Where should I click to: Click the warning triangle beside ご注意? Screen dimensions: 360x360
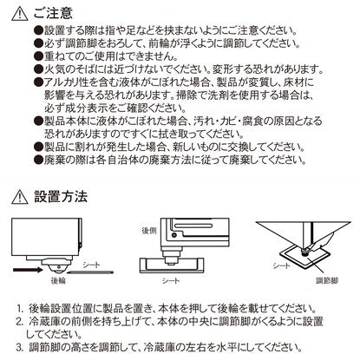tap(20, 14)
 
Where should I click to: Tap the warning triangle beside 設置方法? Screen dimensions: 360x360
tap(20, 197)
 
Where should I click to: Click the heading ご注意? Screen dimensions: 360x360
tap(53, 13)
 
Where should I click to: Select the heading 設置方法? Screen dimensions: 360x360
tap(61, 196)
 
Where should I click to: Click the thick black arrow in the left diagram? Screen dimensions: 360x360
tap(28, 270)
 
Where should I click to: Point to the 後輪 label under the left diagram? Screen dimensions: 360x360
tap(58, 280)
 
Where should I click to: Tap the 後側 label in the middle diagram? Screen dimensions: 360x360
tap(149, 231)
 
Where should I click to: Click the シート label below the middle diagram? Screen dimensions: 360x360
tap(171, 280)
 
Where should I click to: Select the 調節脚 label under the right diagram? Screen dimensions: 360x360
tap(327, 280)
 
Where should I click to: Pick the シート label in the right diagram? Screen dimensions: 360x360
tap(281, 265)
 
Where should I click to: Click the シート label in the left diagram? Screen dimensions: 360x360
tap(91, 265)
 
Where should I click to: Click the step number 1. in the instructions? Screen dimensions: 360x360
tap(20, 309)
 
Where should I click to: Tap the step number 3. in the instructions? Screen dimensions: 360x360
tap(20, 347)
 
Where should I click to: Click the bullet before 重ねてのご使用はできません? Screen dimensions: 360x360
tap(38, 56)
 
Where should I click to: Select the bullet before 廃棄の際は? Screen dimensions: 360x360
tap(38, 160)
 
